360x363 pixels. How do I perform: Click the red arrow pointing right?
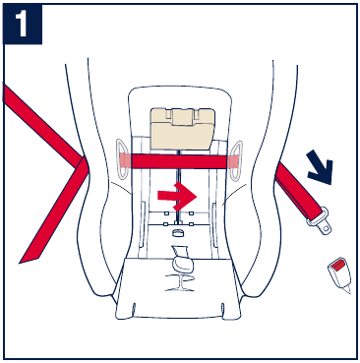pyautogui.click(x=177, y=196)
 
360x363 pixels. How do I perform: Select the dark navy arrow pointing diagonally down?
pyautogui.click(x=322, y=166)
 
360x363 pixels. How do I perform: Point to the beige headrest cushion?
pyautogui.click(x=182, y=128)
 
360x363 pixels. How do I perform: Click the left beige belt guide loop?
pyautogui.click(x=122, y=159)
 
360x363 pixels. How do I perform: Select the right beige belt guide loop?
pyautogui.click(x=236, y=161)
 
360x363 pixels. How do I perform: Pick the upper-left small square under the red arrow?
pyautogui.click(x=166, y=214)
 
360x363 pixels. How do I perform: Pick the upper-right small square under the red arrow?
pyautogui.click(x=191, y=214)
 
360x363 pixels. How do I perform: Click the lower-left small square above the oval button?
pyautogui.click(x=166, y=224)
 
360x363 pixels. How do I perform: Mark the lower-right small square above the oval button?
pyautogui.click(x=191, y=224)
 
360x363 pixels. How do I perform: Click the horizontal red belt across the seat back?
pyautogui.click(x=179, y=161)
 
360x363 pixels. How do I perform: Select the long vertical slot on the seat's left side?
pyautogui.click(x=143, y=224)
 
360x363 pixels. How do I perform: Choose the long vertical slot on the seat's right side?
pyautogui.click(x=214, y=225)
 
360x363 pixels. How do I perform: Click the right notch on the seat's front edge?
pyautogui.click(x=223, y=309)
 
